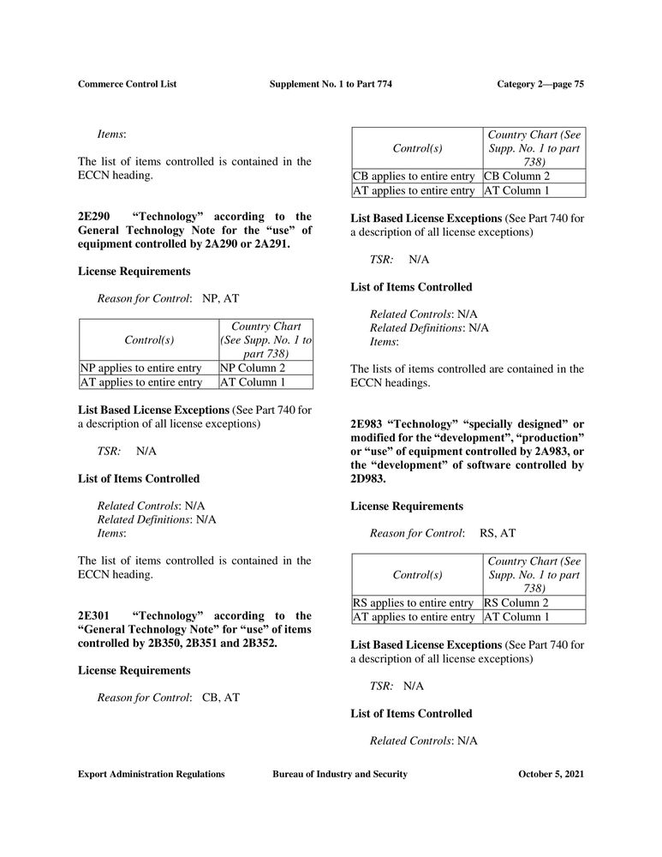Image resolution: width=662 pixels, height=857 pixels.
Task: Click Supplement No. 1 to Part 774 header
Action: tap(331, 83)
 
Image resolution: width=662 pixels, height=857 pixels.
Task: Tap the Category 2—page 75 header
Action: tap(540, 83)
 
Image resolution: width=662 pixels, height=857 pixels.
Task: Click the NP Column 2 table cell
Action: tap(253, 369)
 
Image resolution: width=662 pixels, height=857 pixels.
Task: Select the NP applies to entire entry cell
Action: tap(140, 369)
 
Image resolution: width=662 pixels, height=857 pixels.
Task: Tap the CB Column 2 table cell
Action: tap(518, 177)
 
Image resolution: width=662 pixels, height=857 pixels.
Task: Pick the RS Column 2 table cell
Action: tap(518, 602)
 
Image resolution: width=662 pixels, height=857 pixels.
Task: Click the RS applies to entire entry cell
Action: tap(413, 602)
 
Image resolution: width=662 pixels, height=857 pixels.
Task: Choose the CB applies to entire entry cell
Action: tap(413, 177)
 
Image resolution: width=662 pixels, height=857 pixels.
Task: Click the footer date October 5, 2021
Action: tap(552, 774)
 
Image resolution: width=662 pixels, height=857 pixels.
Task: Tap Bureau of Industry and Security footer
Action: tap(340, 774)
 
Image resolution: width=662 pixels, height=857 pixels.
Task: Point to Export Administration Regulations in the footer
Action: tap(151, 774)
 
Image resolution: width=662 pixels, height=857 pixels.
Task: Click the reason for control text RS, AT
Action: tap(498, 533)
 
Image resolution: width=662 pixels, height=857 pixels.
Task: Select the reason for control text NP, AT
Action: tap(221, 298)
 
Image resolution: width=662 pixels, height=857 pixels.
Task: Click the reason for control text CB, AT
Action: tap(221, 698)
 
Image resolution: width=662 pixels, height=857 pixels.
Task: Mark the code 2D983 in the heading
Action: tap(369, 479)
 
